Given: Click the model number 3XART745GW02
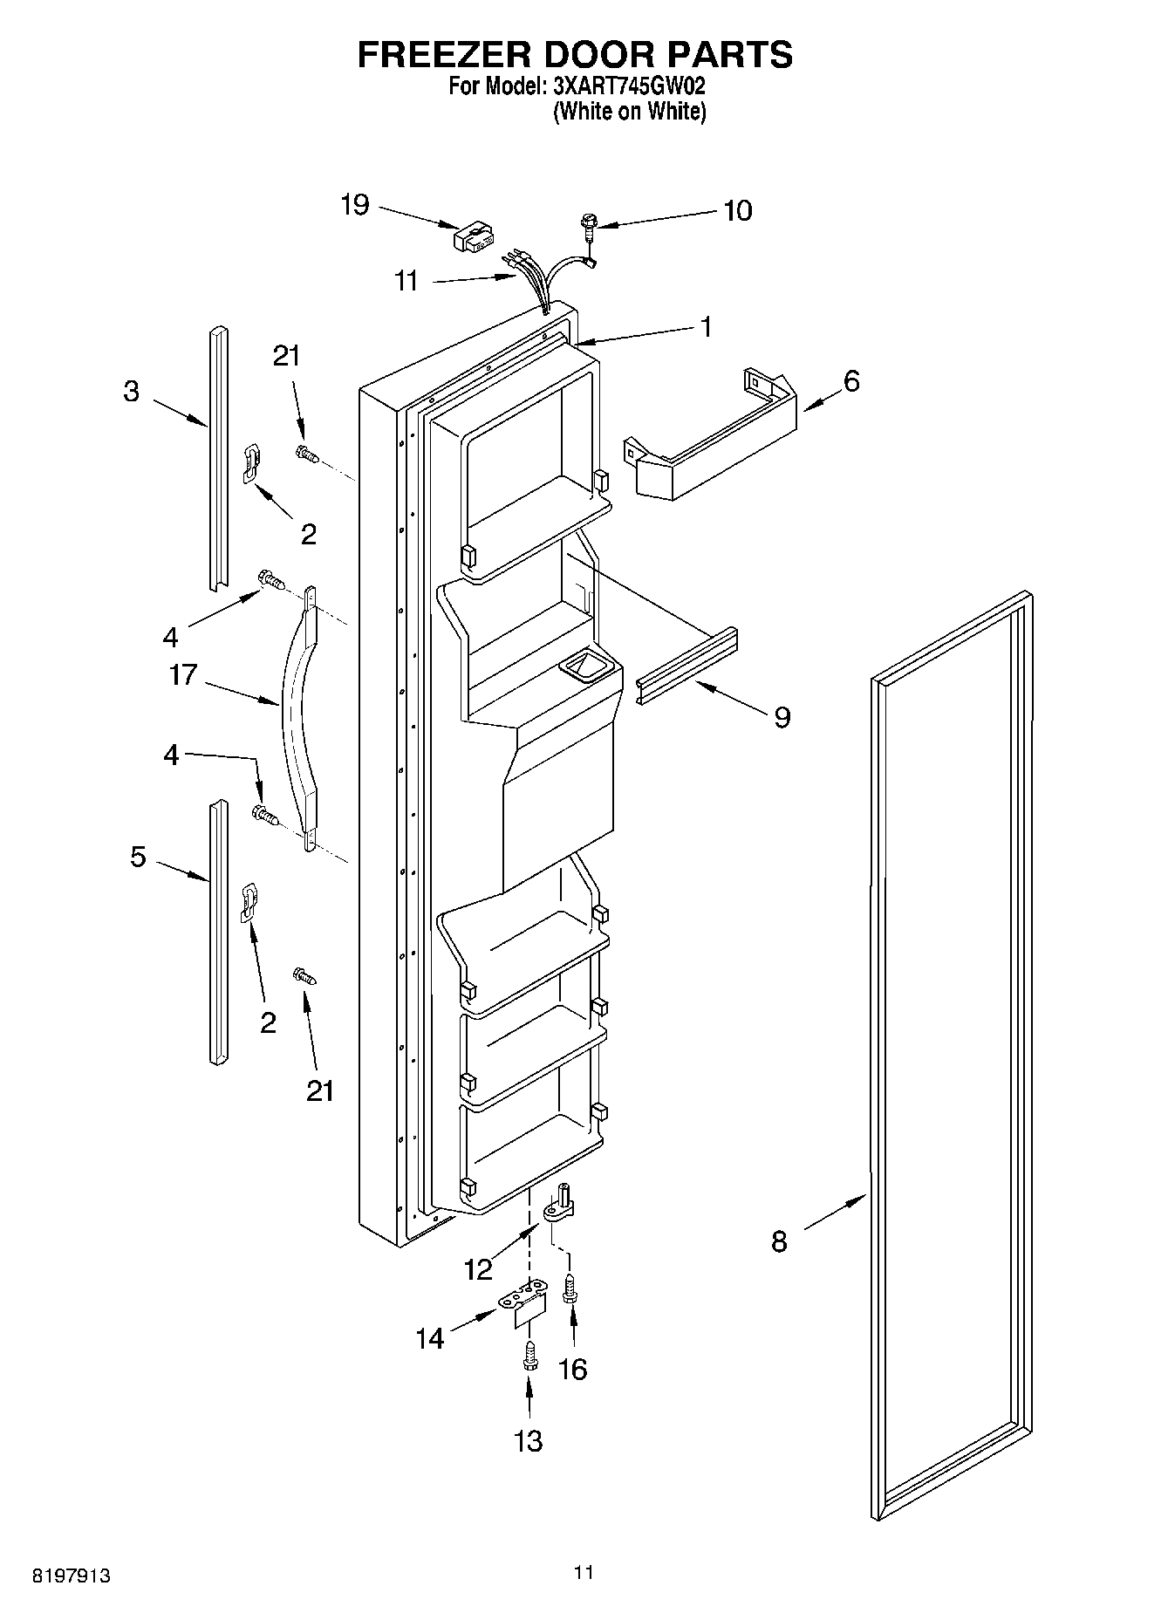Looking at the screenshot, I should coord(628,87).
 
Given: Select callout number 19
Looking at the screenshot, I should coord(355,205).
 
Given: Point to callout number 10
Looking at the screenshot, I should coord(738,211).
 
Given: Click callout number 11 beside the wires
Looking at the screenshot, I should coord(406,281).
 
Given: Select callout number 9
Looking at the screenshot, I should coord(782,717).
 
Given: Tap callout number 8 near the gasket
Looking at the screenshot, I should coord(779,1241).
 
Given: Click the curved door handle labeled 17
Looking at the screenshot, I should coord(297,715).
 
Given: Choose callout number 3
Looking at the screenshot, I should coord(131,392).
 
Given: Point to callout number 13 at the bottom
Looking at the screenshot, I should coord(529,1441).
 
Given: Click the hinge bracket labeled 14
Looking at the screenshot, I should coord(526,1305).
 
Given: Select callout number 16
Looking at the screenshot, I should coord(572,1369).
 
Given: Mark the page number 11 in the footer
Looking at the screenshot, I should coord(584,1572).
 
